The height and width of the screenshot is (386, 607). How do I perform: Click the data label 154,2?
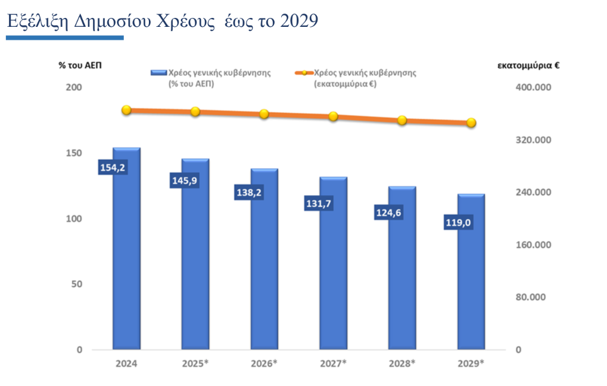pos(112,168)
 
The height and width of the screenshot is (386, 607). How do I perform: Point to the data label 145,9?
pos(183,181)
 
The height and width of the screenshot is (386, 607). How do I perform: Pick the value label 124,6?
pos(388,213)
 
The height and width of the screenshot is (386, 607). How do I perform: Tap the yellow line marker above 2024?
pos(126,110)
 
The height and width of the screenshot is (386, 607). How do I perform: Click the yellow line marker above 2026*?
pos(264,114)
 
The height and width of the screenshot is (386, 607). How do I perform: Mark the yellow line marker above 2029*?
pos(471,123)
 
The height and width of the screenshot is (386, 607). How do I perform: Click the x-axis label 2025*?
pos(195,363)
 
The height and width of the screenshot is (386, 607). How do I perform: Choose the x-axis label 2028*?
pos(402,363)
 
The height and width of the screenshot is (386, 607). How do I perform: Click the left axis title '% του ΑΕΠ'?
pos(80,65)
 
